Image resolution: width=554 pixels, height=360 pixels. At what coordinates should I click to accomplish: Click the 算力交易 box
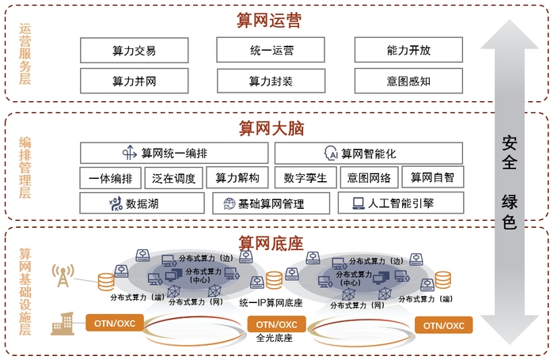click(x=134, y=51)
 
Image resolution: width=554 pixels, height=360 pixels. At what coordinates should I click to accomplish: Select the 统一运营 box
click(x=271, y=51)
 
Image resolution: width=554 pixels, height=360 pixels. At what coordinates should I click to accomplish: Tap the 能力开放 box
click(x=408, y=51)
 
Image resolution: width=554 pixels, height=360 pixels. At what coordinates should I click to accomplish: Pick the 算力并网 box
click(x=134, y=81)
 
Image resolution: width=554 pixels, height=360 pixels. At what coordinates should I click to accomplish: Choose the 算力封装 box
click(x=271, y=81)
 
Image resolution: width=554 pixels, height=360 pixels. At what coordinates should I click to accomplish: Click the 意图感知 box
click(x=408, y=81)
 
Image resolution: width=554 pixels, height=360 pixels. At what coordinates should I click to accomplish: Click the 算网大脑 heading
click(x=271, y=128)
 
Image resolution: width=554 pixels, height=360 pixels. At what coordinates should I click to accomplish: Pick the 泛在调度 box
click(x=174, y=177)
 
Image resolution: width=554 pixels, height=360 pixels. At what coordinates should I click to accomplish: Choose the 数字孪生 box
click(x=310, y=177)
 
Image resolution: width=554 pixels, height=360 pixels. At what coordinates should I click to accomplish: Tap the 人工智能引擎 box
click(x=401, y=203)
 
